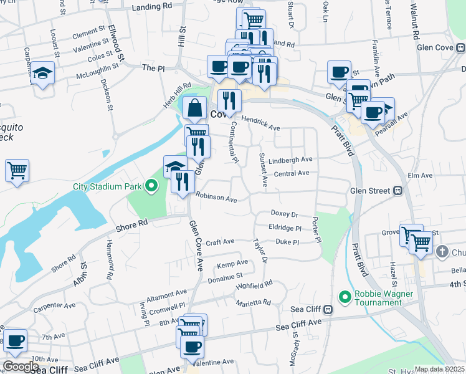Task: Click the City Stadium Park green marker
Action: pyautogui.click(x=151, y=185)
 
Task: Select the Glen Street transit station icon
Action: pyautogui.click(x=396, y=191)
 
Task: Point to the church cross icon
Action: pyautogui.click(x=442, y=252)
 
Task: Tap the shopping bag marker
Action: pyautogui.click(x=195, y=107)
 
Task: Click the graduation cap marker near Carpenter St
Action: pyautogui.click(x=43, y=74)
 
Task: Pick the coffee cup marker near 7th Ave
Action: pyautogui.click(x=16, y=341)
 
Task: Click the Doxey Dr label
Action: pyautogui.click(x=285, y=213)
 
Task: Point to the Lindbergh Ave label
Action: pyautogui.click(x=291, y=160)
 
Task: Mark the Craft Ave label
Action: pyautogui.click(x=220, y=242)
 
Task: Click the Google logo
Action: pyautogui.click(x=21, y=367)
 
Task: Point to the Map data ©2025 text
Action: pyautogui.click(x=439, y=369)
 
